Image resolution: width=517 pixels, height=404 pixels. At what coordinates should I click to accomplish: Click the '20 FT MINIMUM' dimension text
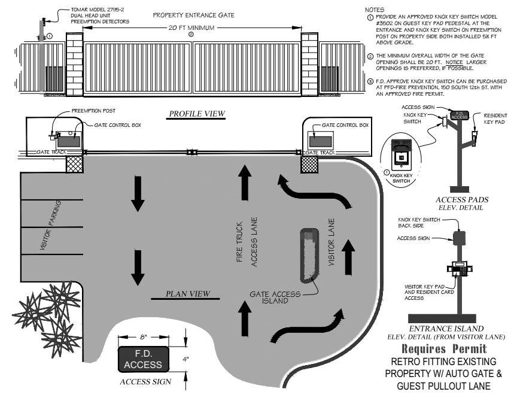pyautogui.click(x=191, y=28)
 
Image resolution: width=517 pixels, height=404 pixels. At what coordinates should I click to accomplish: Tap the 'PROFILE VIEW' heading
pyautogui.click(x=193, y=114)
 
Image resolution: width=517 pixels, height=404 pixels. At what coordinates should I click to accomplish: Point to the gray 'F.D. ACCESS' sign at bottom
pyautogui.click(x=139, y=359)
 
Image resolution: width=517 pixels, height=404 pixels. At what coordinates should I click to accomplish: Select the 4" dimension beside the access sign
pyautogui.click(x=185, y=359)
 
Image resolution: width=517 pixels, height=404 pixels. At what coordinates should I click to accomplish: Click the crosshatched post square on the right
pyautogui.click(x=309, y=165)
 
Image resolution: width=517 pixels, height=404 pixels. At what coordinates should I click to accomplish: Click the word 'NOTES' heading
pyautogui.click(x=373, y=10)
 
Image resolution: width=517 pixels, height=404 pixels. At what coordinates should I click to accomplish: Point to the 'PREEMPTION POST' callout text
pyautogui.click(x=92, y=111)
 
